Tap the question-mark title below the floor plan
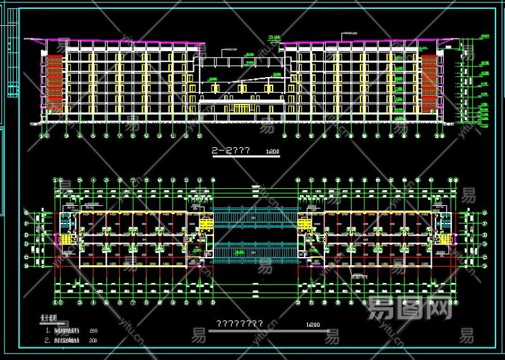pyautogui.click(x=240, y=323)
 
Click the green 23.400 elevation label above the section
pyautogui.click(x=273, y=39)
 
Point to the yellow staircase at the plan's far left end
pyautogui.click(x=63, y=239)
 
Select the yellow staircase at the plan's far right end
pyautogui.click(x=446, y=239)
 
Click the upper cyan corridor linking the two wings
pyautogui.click(x=252, y=215)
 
